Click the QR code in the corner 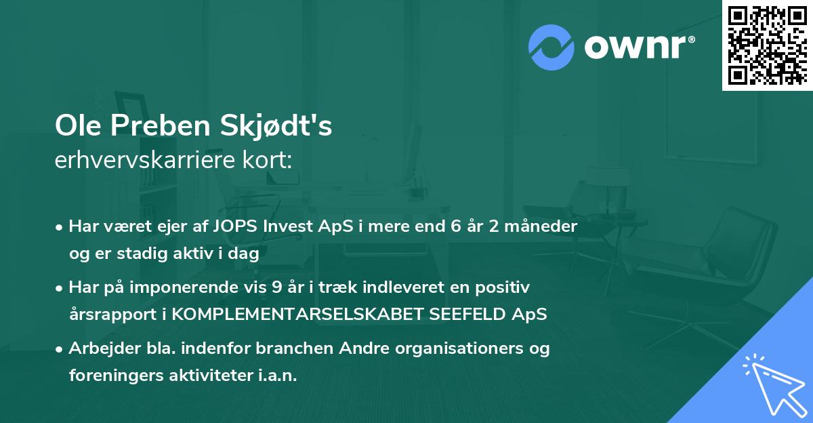[x=767, y=45]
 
